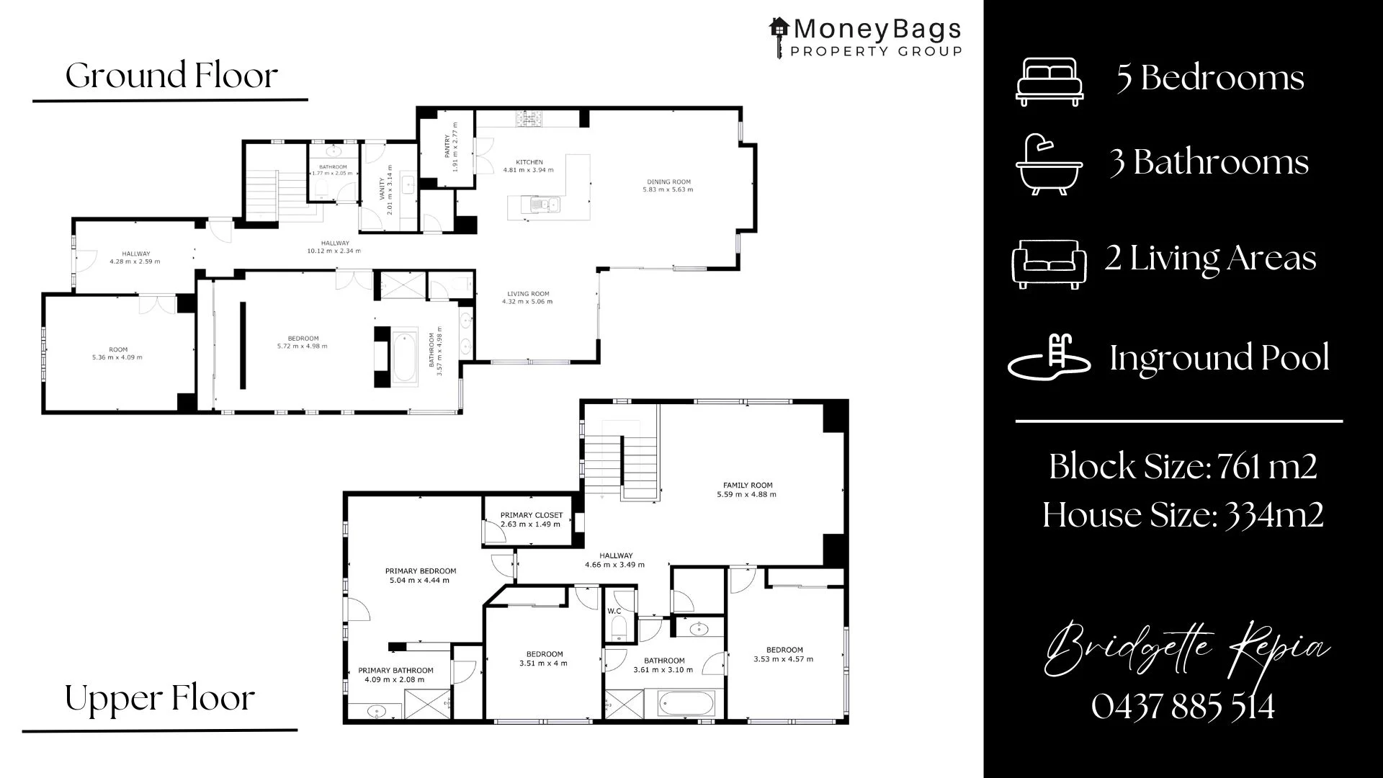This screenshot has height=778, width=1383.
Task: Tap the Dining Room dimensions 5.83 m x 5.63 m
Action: (x=668, y=190)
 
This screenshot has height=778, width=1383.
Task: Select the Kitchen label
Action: (x=529, y=162)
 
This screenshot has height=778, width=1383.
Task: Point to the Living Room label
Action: (x=527, y=294)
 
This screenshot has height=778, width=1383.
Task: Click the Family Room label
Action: (x=747, y=486)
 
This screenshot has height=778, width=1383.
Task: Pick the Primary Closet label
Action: (x=531, y=515)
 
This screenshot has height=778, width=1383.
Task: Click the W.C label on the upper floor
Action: (x=614, y=612)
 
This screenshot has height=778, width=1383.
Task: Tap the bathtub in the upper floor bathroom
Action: (x=686, y=703)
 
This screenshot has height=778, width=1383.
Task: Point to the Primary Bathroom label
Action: (x=395, y=671)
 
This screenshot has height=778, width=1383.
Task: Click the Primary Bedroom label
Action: (x=420, y=571)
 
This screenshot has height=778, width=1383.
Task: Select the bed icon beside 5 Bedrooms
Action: (x=1049, y=81)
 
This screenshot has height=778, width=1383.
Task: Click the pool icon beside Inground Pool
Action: (x=1048, y=357)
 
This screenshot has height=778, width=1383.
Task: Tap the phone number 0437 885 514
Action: (x=1182, y=706)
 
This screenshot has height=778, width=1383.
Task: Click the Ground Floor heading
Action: (x=171, y=76)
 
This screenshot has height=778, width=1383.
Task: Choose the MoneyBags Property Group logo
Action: (x=865, y=37)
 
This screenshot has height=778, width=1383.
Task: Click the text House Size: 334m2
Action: (x=1182, y=515)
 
